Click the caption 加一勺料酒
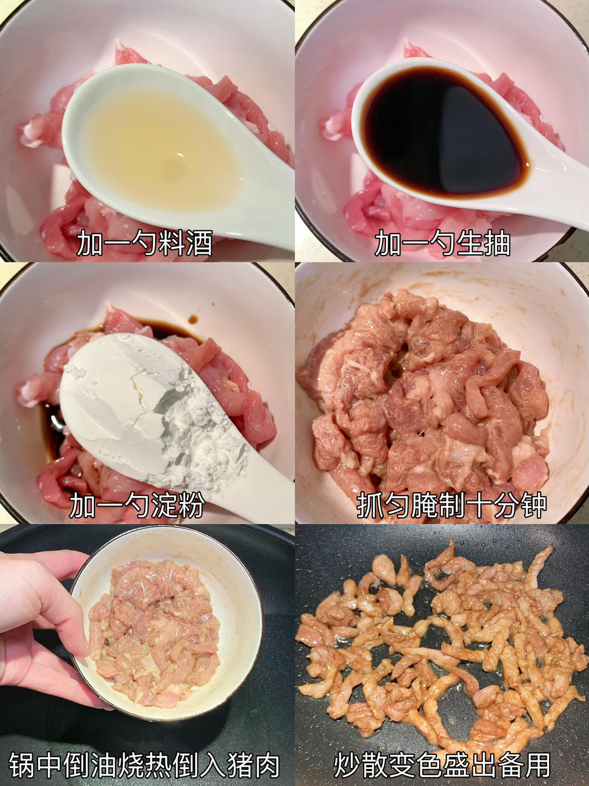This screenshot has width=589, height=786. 145,243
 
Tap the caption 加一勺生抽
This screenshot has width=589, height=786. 442,243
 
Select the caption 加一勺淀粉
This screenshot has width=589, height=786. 137,505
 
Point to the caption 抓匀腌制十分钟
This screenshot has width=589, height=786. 452,505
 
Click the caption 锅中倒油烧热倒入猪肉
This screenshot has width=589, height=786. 145,765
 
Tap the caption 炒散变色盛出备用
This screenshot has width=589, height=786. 442,765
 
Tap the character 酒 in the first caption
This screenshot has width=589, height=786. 199,243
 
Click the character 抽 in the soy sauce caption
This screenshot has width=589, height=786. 497,243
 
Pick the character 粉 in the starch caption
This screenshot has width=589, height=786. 191,505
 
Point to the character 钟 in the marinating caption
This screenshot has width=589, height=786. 533,505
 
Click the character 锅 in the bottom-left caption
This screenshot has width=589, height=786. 22,765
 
